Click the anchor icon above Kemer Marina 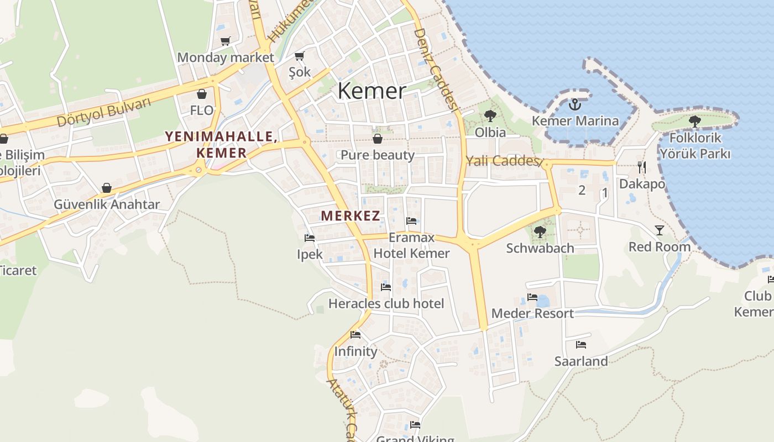click(x=575, y=104)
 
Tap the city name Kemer click(x=372, y=91)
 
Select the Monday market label click(x=226, y=57)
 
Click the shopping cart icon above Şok click(x=300, y=56)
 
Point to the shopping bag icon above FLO click(x=202, y=94)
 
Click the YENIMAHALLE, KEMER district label click(x=221, y=145)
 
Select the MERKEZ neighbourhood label click(x=351, y=216)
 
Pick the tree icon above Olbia click(x=490, y=116)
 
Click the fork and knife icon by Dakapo click(x=642, y=167)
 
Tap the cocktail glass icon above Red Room click(x=659, y=230)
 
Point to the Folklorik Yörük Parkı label click(x=695, y=146)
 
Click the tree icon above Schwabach click(x=540, y=232)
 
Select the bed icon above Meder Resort click(x=532, y=297)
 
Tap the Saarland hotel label click(x=581, y=361)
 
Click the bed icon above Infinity click(x=355, y=335)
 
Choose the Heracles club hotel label click(x=386, y=303)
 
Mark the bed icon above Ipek click(x=310, y=238)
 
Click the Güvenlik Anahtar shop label click(x=107, y=204)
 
